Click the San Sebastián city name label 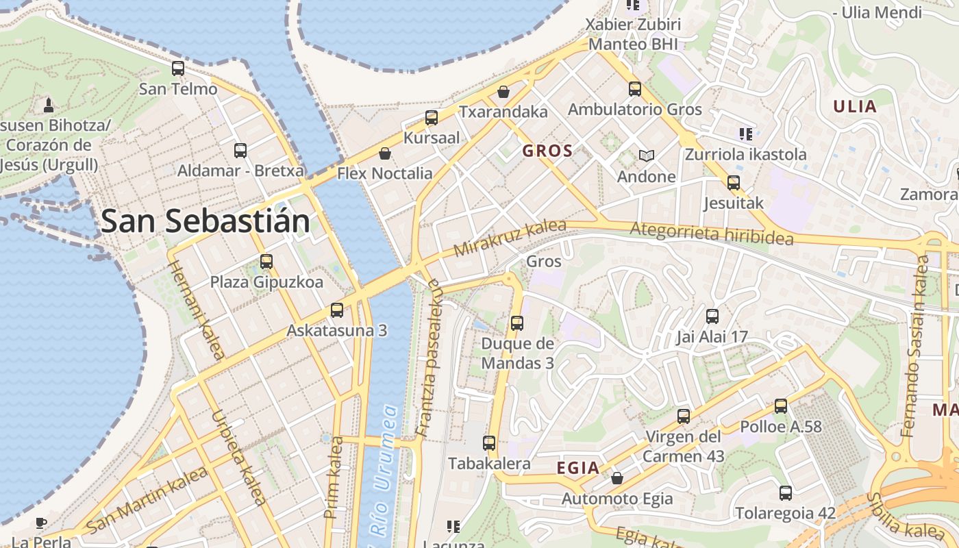(205, 221)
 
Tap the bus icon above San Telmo (178, 68)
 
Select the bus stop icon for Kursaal (432, 118)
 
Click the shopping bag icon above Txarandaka (503, 92)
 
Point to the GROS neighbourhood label (547, 151)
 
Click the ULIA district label (854, 106)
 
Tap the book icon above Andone (646, 155)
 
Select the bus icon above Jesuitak (734, 183)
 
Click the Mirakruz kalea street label (510, 238)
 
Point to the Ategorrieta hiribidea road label (712, 234)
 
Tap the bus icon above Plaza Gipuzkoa (266, 262)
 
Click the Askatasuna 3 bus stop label (336, 330)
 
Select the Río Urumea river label (382, 473)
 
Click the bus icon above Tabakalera (489, 443)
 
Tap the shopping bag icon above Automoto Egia (617, 478)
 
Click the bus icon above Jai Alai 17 (712, 316)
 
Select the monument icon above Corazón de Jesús (49, 105)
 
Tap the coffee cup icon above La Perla (41, 523)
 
